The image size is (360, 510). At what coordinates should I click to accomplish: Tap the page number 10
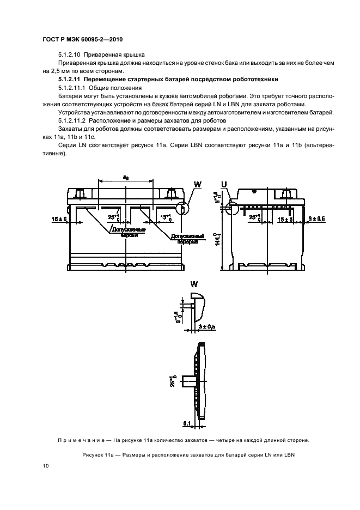coord(46,466)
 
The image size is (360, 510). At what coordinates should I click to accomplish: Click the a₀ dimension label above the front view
coord(126,177)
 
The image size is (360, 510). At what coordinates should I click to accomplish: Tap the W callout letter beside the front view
coord(198,185)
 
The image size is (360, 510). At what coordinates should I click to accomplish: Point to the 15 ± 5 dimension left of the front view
coord(59,218)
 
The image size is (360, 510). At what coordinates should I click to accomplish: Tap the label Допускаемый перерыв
coord(187,238)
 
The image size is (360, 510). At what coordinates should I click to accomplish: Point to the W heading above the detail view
coord(194,284)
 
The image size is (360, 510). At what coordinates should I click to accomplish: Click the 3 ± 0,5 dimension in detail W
coord(206,327)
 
